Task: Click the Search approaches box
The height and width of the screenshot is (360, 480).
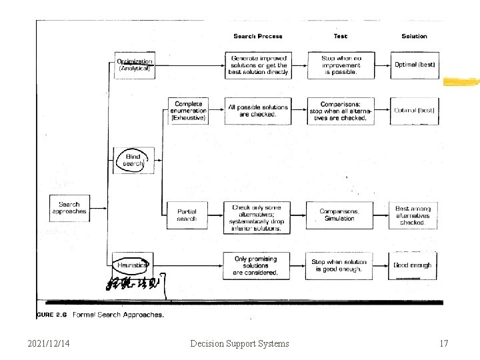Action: click(x=69, y=208)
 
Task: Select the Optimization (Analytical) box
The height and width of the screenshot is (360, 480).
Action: click(x=135, y=65)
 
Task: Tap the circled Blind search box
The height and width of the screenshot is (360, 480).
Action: click(x=133, y=161)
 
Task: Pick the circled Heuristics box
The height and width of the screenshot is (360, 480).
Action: click(x=133, y=265)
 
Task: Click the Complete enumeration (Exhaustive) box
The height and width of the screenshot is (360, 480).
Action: click(x=188, y=111)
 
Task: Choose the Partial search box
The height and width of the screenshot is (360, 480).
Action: click(x=187, y=215)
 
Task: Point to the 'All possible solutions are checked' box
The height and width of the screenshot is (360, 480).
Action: click(x=258, y=111)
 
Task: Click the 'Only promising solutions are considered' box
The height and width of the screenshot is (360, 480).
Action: click(x=255, y=265)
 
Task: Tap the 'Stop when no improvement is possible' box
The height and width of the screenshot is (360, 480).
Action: click(x=340, y=65)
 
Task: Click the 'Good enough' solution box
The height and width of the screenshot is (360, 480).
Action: click(x=413, y=265)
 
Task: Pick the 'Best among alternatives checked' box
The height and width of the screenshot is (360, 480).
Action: click(x=413, y=215)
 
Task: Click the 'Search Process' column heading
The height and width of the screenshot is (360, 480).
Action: click(x=258, y=36)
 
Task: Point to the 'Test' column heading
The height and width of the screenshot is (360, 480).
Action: click(x=340, y=36)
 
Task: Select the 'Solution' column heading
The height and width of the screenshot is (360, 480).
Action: click(x=414, y=36)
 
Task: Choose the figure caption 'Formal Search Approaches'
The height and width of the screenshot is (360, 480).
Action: click(x=117, y=315)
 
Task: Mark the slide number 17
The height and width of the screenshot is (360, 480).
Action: click(x=444, y=343)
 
